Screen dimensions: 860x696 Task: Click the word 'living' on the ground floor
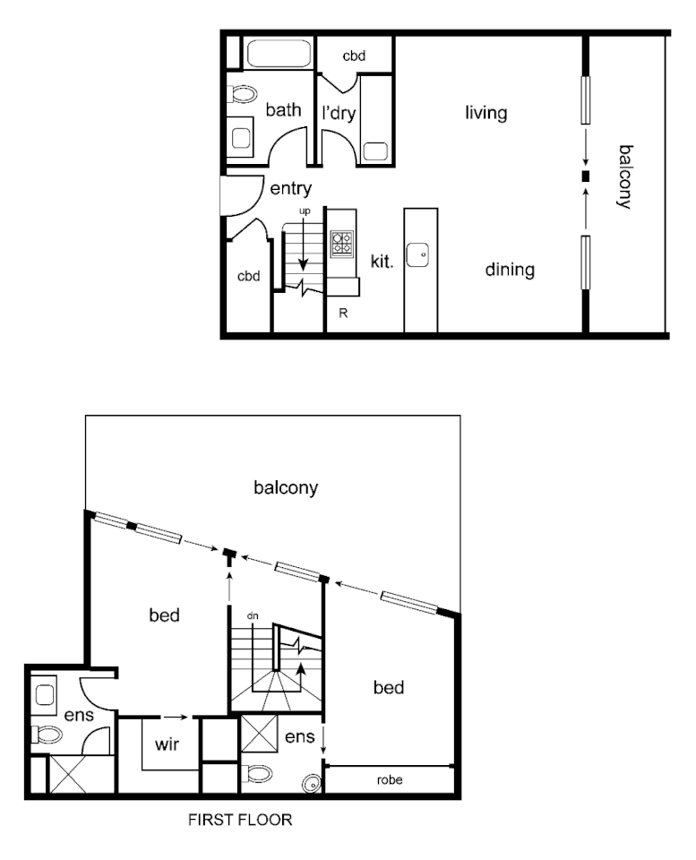(485, 114)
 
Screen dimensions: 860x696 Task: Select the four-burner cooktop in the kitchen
(342, 245)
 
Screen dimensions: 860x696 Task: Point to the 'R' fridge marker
(343, 313)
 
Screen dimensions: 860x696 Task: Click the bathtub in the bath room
(277, 55)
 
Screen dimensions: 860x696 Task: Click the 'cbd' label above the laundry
(354, 56)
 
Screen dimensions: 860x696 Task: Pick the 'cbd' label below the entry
(248, 276)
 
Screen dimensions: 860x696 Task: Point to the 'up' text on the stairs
(304, 211)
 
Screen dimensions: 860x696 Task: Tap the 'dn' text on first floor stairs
(253, 615)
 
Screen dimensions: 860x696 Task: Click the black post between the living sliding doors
(586, 176)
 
